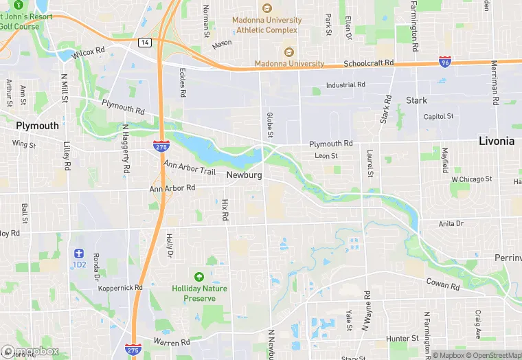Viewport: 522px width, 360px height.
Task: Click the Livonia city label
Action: (x=496, y=141)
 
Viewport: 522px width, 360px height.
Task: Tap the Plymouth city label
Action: (x=38, y=126)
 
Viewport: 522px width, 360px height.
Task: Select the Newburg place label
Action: (x=244, y=175)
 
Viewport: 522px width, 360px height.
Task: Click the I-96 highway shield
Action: (x=445, y=63)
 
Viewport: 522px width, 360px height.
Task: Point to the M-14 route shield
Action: (x=144, y=43)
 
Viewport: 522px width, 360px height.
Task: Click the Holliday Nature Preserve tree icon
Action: (x=199, y=277)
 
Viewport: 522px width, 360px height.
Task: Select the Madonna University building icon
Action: (x=288, y=52)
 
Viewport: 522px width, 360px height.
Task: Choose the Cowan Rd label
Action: (x=442, y=284)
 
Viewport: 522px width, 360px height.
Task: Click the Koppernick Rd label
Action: (x=120, y=288)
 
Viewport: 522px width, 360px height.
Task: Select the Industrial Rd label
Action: (x=345, y=85)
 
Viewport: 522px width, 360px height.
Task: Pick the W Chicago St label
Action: (x=471, y=179)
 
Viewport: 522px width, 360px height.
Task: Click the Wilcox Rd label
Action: (x=89, y=50)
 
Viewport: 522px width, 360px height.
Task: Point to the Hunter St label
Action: (x=402, y=339)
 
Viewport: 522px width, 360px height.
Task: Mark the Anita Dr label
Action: (x=451, y=223)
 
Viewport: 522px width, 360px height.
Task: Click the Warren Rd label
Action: (x=172, y=342)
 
